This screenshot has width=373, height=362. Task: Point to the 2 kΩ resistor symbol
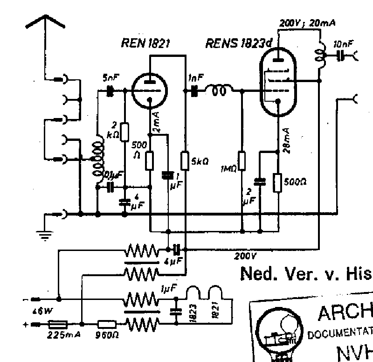coord(124,132)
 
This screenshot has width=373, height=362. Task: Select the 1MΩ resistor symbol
coord(242,161)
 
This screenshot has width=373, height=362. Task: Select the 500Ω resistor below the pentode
coord(277,183)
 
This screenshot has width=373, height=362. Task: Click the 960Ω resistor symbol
coord(107,323)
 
